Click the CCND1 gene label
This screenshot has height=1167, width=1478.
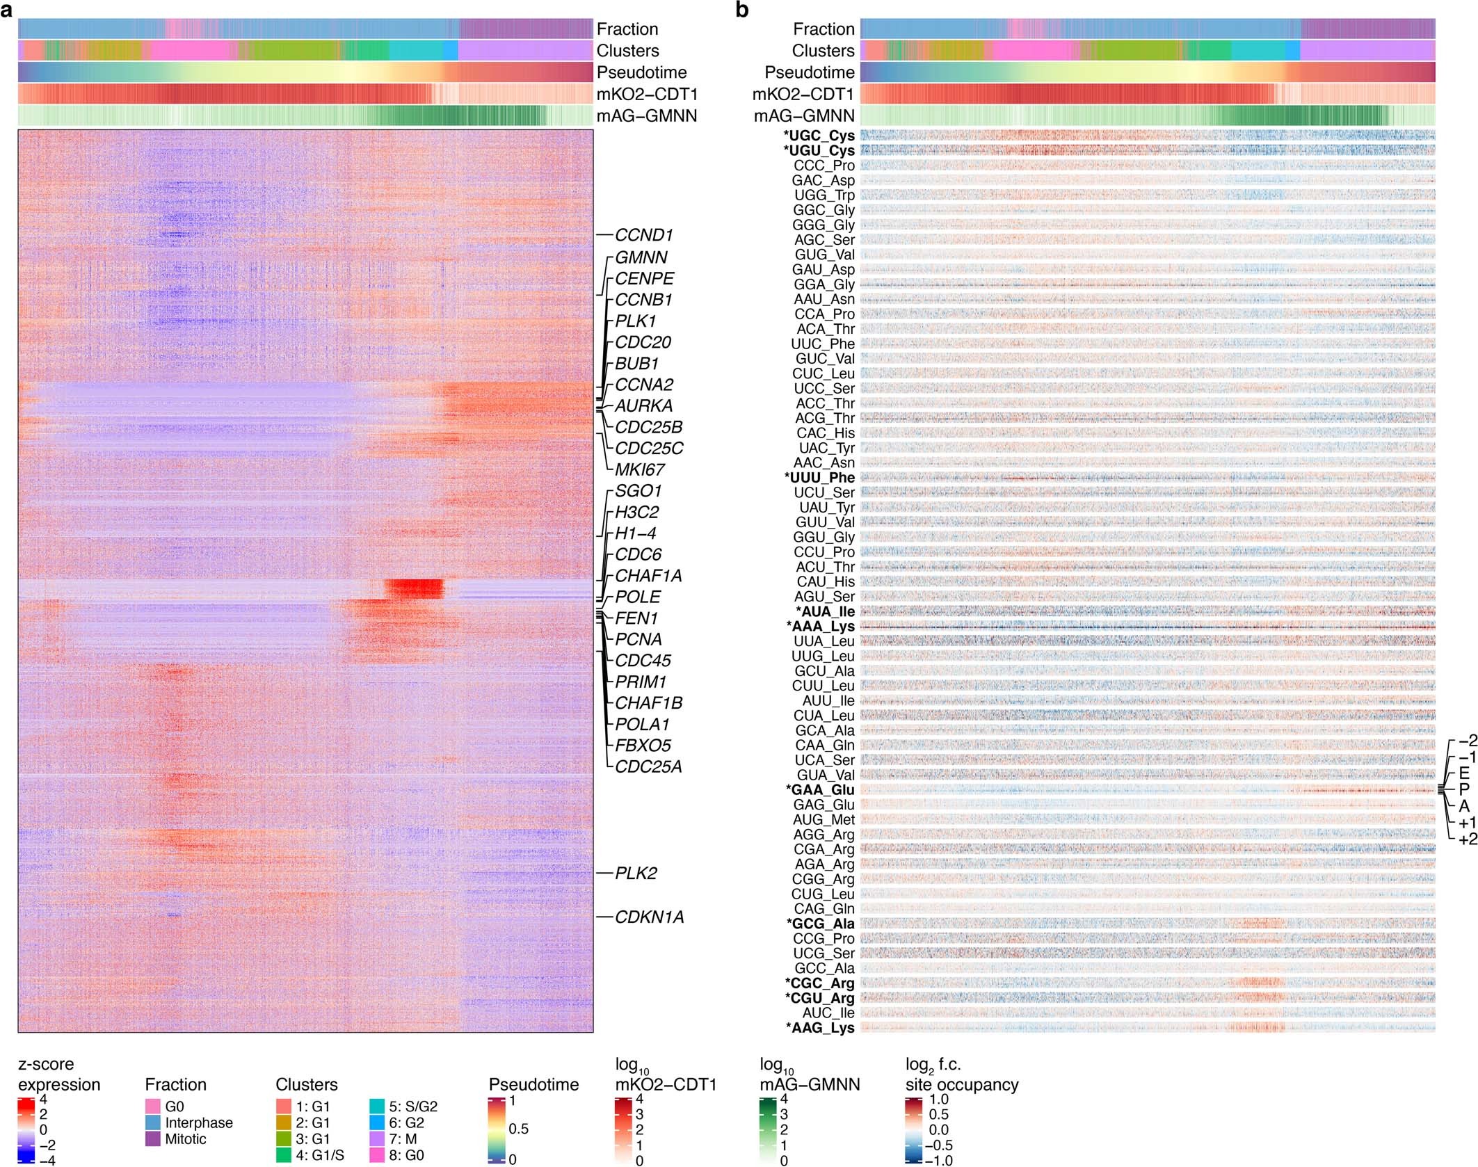point(643,235)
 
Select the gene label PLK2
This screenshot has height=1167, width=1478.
point(636,874)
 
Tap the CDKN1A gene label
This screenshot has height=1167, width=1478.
point(649,917)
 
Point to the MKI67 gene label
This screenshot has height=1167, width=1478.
point(639,469)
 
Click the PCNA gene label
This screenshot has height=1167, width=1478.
point(638,639)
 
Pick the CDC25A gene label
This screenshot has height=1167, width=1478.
point(648,766)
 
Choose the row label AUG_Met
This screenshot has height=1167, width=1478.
point(824,820)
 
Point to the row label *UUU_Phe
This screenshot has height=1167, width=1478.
point(819,478)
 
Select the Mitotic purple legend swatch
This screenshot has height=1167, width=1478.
point(153,1139)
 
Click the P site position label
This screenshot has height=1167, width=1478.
point(1464,789)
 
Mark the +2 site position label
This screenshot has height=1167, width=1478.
point(1468,839)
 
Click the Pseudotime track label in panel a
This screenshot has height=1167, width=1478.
point(641,72)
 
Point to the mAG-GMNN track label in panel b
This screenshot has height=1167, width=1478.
point(804,115)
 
